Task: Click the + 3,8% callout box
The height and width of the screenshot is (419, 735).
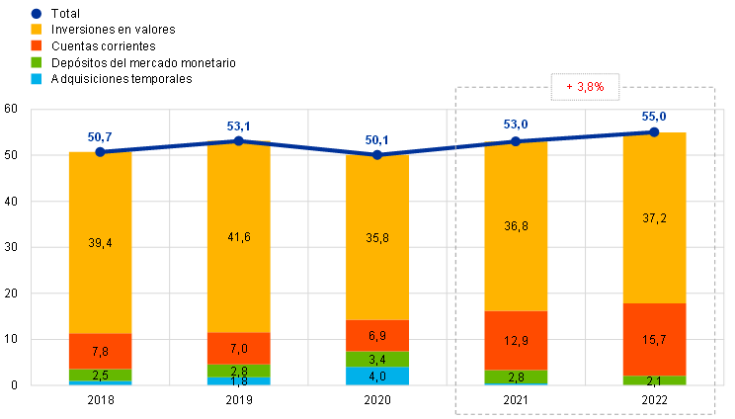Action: tap(585, 87)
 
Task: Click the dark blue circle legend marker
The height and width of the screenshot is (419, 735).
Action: tap(37, 14)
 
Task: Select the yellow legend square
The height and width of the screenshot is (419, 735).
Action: tap(37, 30)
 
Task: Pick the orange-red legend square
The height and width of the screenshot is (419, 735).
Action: tap(37, 45)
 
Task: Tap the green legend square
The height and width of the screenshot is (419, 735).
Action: tap(37, 62)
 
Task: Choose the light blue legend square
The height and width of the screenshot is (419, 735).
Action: tap(37, 78)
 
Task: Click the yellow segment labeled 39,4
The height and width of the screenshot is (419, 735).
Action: tap(100, 242)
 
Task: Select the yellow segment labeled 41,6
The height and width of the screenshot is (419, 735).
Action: tap(238, 237)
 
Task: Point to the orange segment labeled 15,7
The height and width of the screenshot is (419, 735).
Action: tap(654, 339)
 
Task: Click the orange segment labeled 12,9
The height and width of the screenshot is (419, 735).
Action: tap(516, 340)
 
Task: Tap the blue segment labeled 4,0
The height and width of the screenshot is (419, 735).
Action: tap(377, 376)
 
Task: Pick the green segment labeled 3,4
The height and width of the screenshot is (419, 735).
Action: tap(377, 359)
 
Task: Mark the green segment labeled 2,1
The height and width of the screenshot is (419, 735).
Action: tap(654, 380)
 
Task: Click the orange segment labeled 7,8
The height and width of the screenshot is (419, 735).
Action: tap(100, 351)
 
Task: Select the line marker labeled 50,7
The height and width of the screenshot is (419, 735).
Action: tap(100, 151)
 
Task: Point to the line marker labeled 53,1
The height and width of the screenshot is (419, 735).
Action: tap(238, 140)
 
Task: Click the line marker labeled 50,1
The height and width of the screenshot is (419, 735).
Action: tap(377, 154)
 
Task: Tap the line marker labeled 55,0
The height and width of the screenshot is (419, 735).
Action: tap(654, 131)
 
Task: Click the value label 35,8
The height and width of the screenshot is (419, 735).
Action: tap(377, 238)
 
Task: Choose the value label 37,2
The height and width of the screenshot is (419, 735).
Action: tap(654, 218)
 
